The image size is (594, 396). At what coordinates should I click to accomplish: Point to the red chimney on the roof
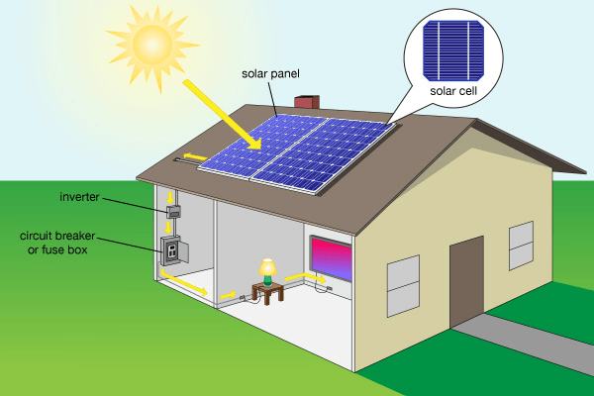click(x=307, y=102)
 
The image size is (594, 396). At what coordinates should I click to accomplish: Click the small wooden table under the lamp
click(x=266, y=292)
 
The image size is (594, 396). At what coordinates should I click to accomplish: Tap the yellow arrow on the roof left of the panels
click(x=194, y=155)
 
